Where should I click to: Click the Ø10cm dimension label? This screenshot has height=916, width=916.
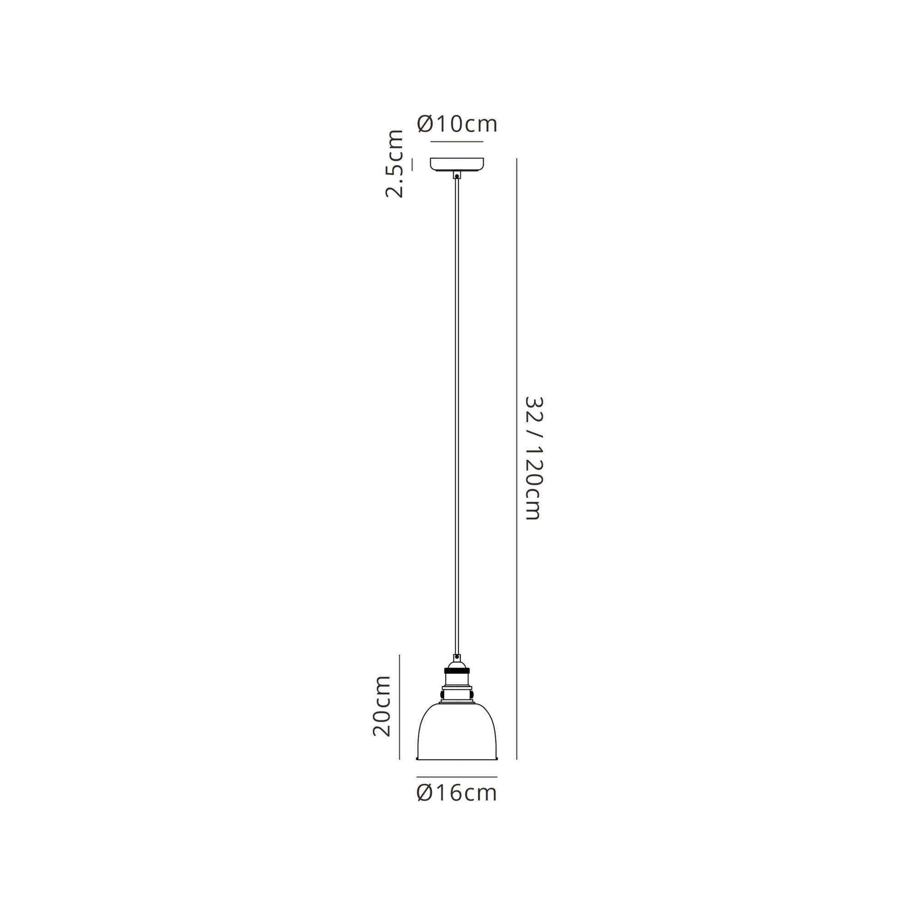(x=457, y=124)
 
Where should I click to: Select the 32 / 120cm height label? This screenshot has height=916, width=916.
(x=534, y=458)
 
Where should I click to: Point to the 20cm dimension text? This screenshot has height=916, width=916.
(x=382, y=706)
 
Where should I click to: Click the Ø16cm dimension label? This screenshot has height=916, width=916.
(x=457, y=793)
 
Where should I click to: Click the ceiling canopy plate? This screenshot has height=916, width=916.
(x=457, y=164)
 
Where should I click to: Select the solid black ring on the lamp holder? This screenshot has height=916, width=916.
(x=457, y=671)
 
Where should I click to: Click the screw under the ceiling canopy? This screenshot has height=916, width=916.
(x=457, y=176)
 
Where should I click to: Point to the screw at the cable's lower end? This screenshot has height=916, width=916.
(x=457, y=657)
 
